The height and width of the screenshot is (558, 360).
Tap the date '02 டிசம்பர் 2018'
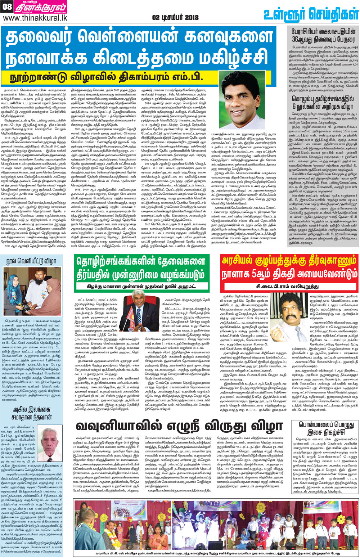coord(175,17)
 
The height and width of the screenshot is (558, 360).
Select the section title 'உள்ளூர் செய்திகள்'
coord(311,14)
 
